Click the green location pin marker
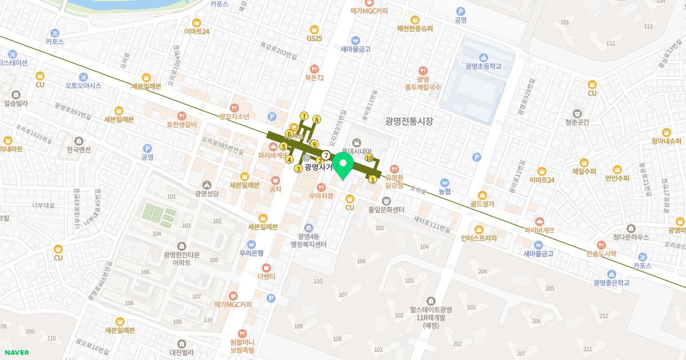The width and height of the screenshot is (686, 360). pos(343,165)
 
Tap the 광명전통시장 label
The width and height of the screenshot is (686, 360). pos(409,121)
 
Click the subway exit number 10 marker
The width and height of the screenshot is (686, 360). pos(369,158)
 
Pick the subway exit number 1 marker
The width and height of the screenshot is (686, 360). pos(373,179)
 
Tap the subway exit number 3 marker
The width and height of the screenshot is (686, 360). pos(298,169)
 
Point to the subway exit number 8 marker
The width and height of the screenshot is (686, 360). pos(317,120)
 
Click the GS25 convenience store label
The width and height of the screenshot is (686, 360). pos(314,38)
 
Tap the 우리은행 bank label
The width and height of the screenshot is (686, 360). pos(251,253)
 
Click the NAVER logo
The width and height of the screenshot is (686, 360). pos(15,353)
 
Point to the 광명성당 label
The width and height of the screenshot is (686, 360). pos(207,193)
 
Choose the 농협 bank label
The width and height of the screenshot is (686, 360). pos(445,190)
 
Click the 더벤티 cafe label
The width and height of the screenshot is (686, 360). pos(266,277)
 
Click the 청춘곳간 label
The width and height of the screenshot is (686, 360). pos(577,122)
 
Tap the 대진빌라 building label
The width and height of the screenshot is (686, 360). pos(182,353)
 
